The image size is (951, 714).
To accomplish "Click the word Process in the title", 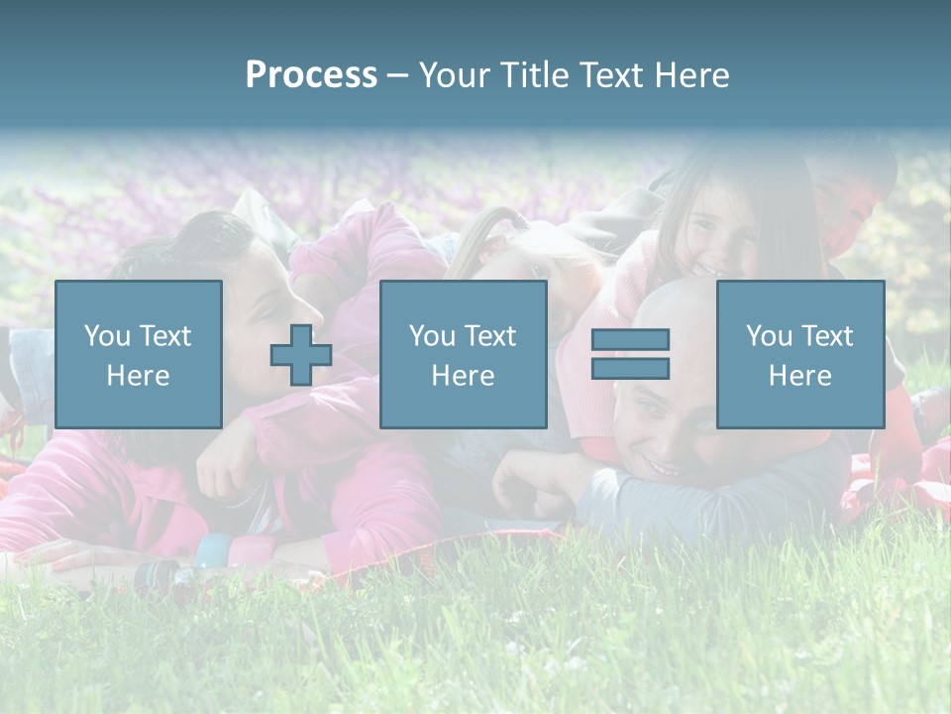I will point(311,75).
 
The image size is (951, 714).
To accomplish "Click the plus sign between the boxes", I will point(301,355).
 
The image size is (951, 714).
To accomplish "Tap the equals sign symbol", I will point(630,354).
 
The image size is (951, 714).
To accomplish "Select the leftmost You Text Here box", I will point(139,354).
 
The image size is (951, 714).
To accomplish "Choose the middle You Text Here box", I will point(463,354).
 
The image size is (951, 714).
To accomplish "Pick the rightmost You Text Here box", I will point(799,354).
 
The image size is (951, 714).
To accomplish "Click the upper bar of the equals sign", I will point(630,340).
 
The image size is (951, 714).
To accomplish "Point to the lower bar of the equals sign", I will point(630,369).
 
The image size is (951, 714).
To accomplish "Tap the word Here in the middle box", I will point(463,376).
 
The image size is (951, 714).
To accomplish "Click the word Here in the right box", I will point(799,376).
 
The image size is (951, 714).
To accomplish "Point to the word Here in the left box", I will point(139,376).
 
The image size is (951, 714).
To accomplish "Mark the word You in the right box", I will point(769,336).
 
